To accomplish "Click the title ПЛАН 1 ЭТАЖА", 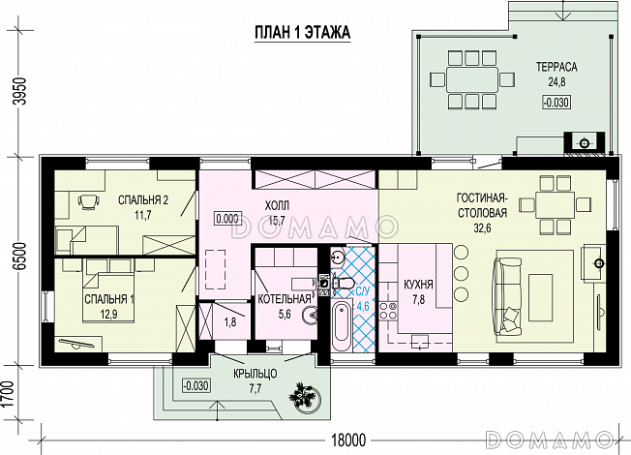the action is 303,33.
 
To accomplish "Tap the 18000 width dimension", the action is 349,440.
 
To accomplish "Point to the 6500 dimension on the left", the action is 20,256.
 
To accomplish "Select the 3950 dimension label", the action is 20,91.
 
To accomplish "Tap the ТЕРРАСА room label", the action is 556,67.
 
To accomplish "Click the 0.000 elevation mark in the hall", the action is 227,219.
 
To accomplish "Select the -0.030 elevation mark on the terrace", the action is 556,103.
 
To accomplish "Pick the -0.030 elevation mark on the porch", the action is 196,385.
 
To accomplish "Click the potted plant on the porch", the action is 305,396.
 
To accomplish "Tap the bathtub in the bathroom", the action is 342,327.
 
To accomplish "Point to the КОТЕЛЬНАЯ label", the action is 285,299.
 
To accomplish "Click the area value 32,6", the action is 483,228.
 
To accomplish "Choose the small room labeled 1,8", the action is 230,321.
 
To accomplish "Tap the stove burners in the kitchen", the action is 388,311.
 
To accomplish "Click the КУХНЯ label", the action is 418,285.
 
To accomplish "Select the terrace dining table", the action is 472,79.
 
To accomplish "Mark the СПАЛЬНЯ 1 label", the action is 110,299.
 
